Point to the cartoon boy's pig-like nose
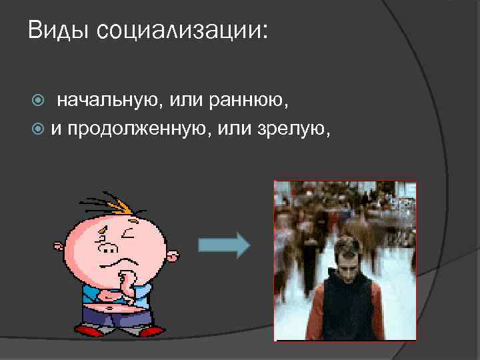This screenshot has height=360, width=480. (109, 249)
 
